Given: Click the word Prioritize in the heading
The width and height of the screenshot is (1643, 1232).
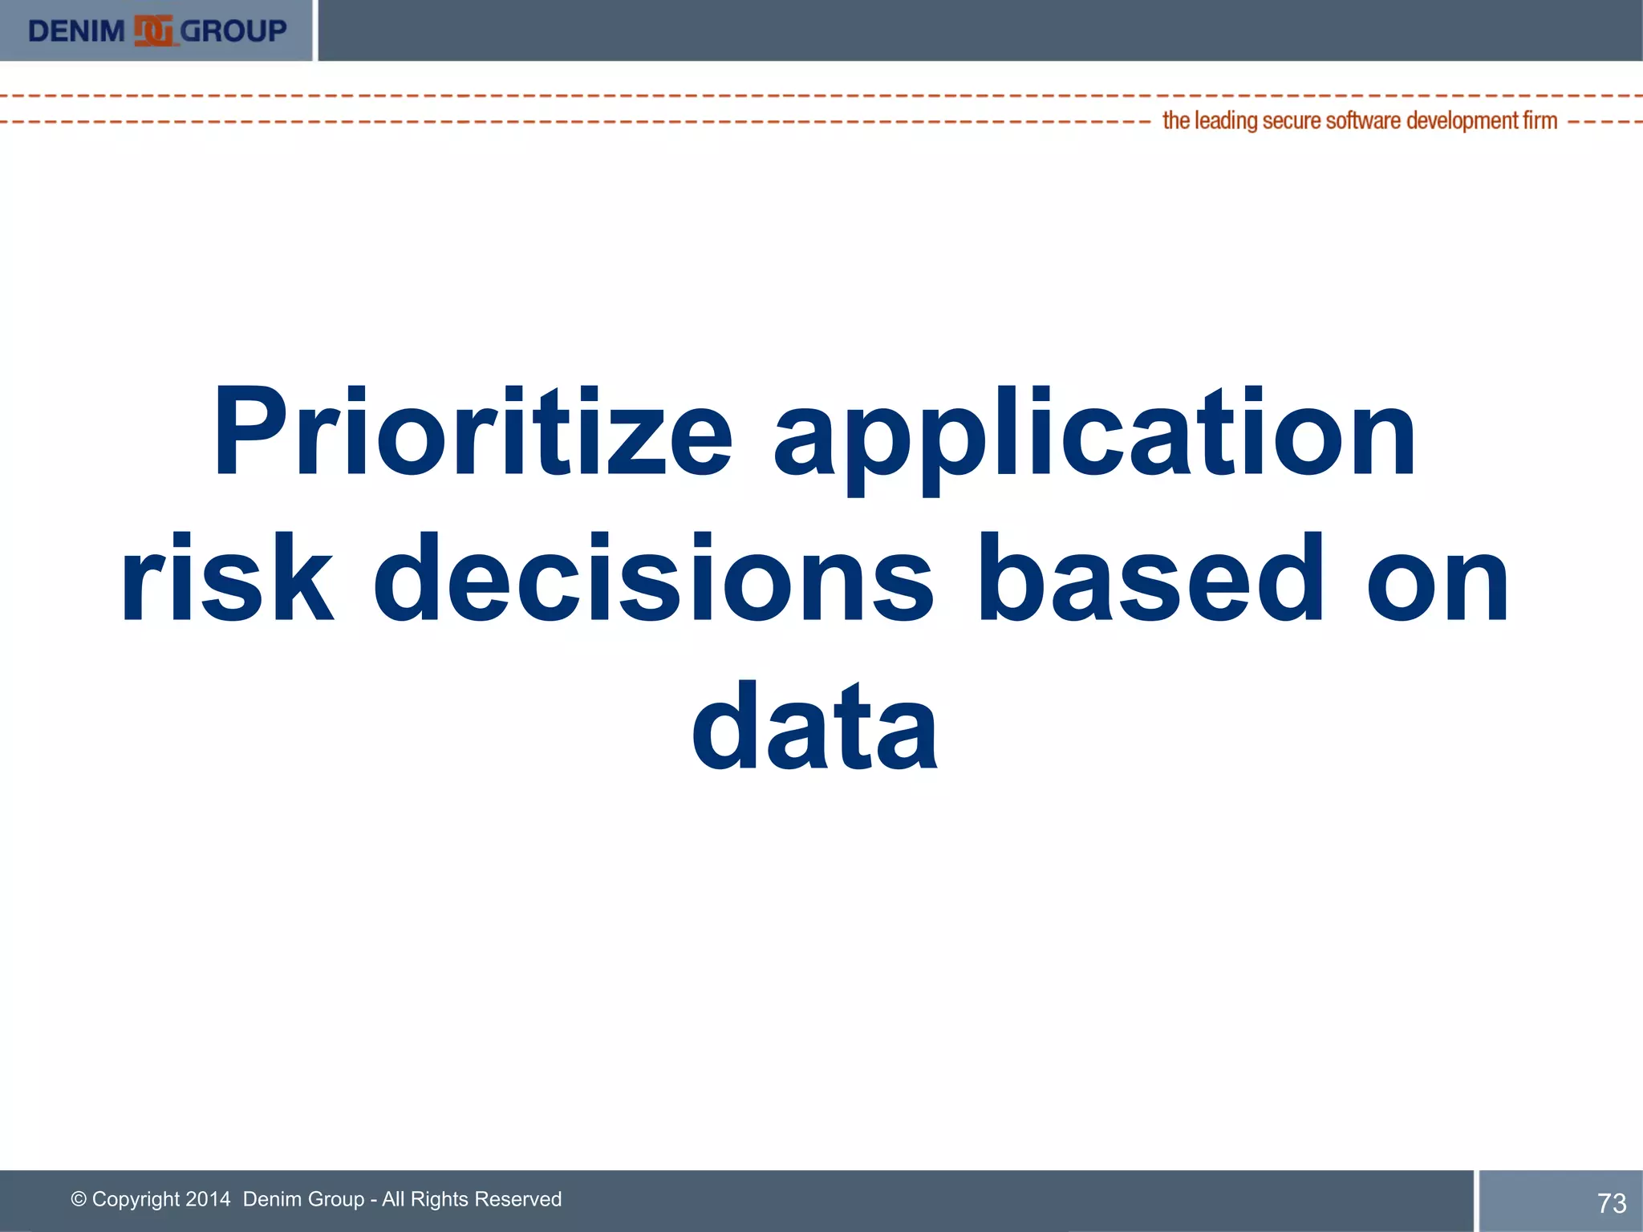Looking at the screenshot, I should (472, 433).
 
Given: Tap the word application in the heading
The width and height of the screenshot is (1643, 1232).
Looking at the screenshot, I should (1094, 437).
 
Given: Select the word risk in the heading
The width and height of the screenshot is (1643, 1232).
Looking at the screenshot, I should (227, 579).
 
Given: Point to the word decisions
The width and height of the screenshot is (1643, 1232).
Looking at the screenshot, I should (653, 579).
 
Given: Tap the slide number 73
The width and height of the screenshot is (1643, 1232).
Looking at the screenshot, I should (1611, 1203).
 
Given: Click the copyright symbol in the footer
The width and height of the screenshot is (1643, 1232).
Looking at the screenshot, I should (79, 1199).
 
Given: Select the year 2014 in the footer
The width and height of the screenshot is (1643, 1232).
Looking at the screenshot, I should (208, 1199).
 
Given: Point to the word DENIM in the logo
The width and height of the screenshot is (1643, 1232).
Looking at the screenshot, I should (76, 31).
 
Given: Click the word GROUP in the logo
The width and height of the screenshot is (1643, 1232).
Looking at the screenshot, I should (233, 31).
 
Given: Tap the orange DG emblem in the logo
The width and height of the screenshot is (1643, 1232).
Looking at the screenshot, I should (153, 31).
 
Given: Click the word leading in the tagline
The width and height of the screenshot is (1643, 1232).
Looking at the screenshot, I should (1226, 120).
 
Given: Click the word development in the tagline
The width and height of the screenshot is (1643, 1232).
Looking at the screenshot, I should (1462, 120).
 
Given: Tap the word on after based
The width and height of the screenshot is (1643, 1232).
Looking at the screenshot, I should (1437, 579).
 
